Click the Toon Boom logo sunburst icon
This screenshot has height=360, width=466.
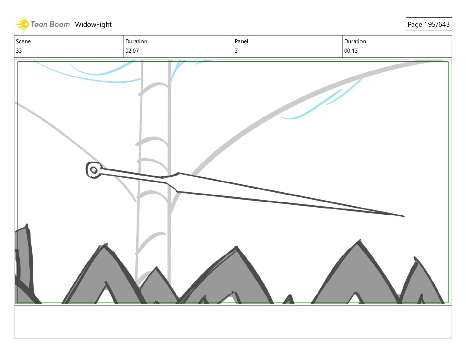point(22,24)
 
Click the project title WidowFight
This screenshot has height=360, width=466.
point(93,24)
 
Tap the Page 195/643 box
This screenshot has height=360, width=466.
point(429,24)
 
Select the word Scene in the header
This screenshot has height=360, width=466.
point(23,41)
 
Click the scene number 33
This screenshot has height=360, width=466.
point(19,51)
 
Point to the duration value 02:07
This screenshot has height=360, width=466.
point(132,51)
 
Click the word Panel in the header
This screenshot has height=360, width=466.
point(241,41)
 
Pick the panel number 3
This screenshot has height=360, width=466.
point(236,51)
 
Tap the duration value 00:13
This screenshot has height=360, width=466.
point(351,51)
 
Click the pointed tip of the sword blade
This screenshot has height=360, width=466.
point(403,216)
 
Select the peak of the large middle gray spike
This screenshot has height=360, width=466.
point(236,248)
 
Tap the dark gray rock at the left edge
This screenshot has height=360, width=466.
point(24,259)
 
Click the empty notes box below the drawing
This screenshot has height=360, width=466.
point(233,323)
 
